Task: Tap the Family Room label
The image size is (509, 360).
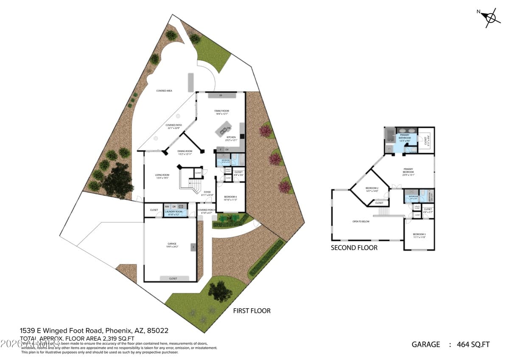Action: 221,112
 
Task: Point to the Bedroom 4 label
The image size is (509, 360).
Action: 230,198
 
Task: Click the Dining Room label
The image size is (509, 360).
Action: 185,152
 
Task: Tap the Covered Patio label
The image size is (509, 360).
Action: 174,126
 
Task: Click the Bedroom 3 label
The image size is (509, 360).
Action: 419,236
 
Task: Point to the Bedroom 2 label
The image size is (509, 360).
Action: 372,189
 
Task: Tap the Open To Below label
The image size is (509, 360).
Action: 361,222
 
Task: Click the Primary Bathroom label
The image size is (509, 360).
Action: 404,136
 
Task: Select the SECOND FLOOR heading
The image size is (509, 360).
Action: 354,247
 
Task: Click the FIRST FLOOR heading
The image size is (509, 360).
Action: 252,311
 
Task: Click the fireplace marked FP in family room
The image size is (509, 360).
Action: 221,96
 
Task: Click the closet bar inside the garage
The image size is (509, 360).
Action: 173,278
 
